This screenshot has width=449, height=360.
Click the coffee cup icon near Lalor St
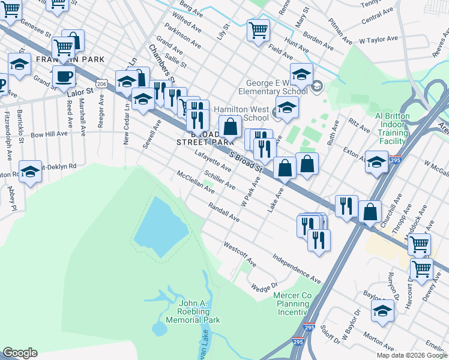click(x=64, y=76)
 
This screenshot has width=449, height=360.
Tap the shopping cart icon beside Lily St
click(x=258, y=29)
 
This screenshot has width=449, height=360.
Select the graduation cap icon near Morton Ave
click(x=382, y=310)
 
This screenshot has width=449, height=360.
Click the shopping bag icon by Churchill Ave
click(x=370, y=211)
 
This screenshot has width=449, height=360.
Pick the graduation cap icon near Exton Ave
click(x=376, y=161)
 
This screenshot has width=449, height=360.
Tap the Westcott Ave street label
click(x=240, y=254)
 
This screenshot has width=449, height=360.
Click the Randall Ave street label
click(x=224, y=212)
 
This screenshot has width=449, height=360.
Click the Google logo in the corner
click(x=19, y=353)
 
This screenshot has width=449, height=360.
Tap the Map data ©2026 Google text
click(x=412, y=355)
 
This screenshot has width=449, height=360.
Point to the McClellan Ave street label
click(x=195, y=182)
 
